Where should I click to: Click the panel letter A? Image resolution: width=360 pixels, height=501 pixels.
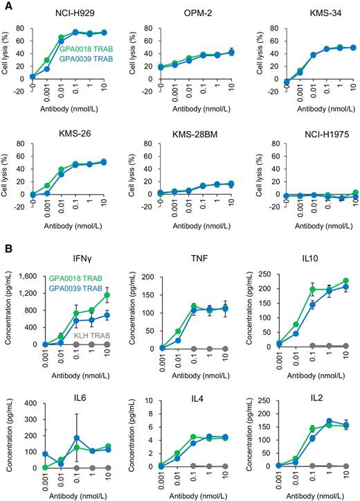point(6,6)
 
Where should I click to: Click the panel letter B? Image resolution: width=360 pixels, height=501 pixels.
point(6,247)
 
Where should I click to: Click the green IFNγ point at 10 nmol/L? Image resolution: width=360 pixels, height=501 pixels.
point(107,295)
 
